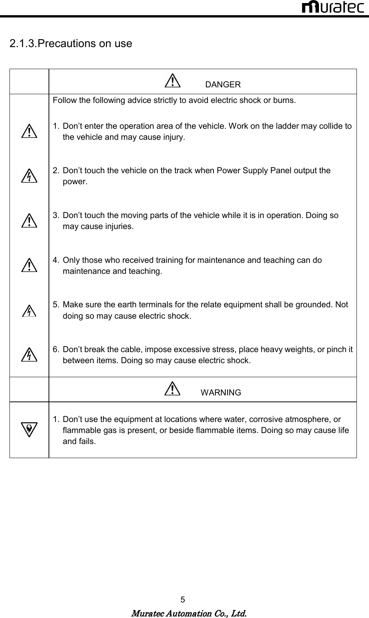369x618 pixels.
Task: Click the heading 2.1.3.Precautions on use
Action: (71, 44)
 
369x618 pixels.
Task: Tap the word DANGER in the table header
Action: (223, 85)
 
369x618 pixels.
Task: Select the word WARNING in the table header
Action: (221, 393)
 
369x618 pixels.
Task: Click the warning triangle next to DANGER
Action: (173, 81)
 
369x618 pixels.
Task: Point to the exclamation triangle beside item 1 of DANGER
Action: (29, 131)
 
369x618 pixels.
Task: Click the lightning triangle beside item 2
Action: (29, 176)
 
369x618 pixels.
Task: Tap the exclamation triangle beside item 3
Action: (29, 221)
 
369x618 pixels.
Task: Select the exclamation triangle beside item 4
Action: (29, 265)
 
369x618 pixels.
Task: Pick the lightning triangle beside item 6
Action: (29, 355)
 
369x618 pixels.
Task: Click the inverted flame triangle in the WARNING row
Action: (29, 430)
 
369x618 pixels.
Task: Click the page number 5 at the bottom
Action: (183, 600)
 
